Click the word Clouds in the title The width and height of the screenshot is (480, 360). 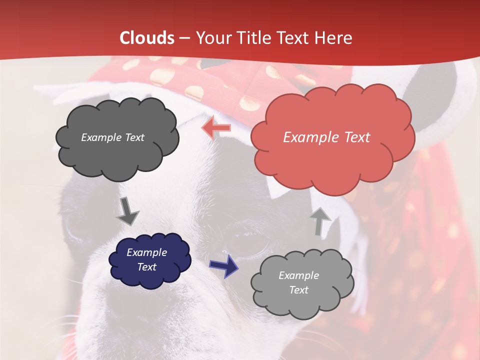(x=147, y=38)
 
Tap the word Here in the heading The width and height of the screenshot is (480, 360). (x=334, y=38)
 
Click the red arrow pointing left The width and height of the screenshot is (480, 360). (x=216, y=127)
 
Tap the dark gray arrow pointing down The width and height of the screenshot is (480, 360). (x=127, y=210)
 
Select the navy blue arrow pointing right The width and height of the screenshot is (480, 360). (x=223, y=265)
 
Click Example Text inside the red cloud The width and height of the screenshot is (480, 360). (x=326, y=137)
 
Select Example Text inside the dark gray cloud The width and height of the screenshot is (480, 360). (x=112, y=137)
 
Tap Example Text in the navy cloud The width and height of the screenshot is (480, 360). (x=147, y=260)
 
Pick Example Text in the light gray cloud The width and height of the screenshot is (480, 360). (x=298, y=282)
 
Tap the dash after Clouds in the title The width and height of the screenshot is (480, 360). (x=184, y=38)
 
